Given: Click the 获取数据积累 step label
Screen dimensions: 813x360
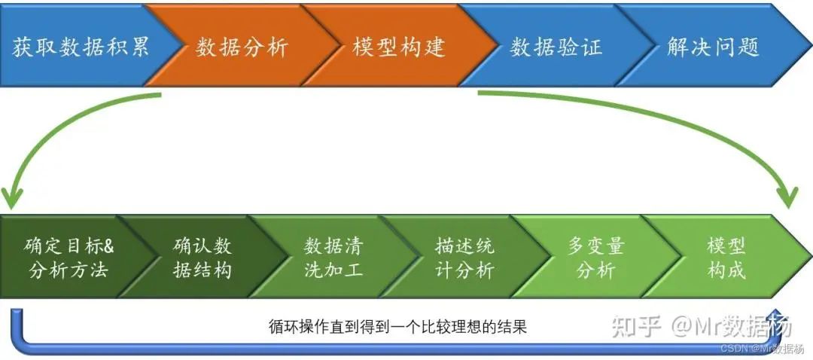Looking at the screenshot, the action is (81, 47).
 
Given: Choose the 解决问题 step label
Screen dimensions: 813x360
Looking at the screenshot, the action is (714, 47).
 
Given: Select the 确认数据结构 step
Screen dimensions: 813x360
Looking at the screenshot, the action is (202, 257).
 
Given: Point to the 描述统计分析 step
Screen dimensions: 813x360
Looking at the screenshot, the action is (464, 257).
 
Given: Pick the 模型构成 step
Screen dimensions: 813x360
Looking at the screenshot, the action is (726, 257).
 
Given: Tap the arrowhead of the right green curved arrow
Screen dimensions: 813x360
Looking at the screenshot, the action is (789, 197).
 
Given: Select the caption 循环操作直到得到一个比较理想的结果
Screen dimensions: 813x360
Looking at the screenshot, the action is (397, 327).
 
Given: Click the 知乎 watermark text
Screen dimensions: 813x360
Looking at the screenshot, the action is (636, 327).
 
